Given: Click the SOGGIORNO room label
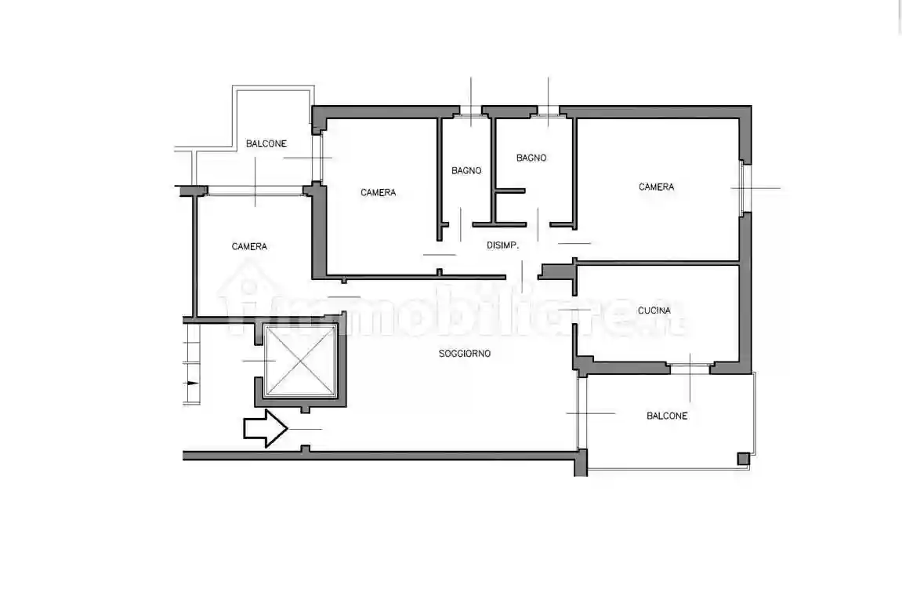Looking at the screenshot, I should [x=464, y=354].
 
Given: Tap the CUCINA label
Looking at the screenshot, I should [x=654, y=311].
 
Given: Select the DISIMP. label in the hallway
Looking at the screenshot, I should [x=502, y=245].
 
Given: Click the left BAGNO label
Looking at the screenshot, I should [x=466, y=170].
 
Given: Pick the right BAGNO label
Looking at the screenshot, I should [x=531, y=158].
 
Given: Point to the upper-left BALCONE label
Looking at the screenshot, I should [x=266, y=144].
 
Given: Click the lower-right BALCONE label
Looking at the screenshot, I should [x=667, y=416].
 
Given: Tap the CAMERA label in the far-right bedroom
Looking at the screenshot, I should [x=656, y=187].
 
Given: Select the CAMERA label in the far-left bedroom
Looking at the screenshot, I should [x=249, y=246].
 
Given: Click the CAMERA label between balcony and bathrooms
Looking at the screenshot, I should [x=378, y=192].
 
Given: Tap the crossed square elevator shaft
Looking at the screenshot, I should [x=300, y=361].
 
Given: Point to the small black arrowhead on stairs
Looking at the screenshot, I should [x=190, y=383].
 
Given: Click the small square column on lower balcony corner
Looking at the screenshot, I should [x=741, y=459].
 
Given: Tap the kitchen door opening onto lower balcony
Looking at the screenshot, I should [x=690, y=365].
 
